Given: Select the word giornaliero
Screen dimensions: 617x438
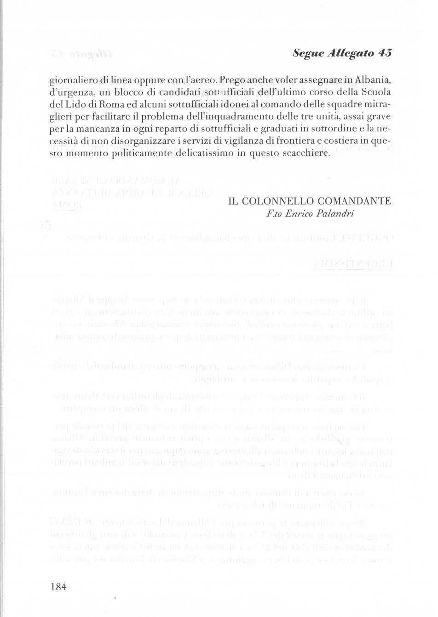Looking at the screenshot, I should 72,81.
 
